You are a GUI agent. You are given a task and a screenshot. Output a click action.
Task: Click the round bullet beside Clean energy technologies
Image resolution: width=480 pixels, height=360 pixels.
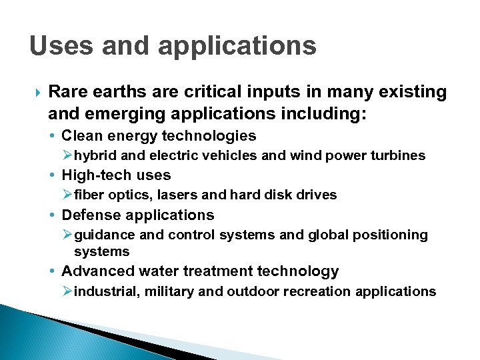coord(53,137)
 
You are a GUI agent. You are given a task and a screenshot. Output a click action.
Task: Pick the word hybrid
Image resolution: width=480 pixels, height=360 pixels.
coord(95,155)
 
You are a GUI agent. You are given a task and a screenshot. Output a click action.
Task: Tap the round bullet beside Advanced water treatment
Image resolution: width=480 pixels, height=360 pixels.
coord(53,272)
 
